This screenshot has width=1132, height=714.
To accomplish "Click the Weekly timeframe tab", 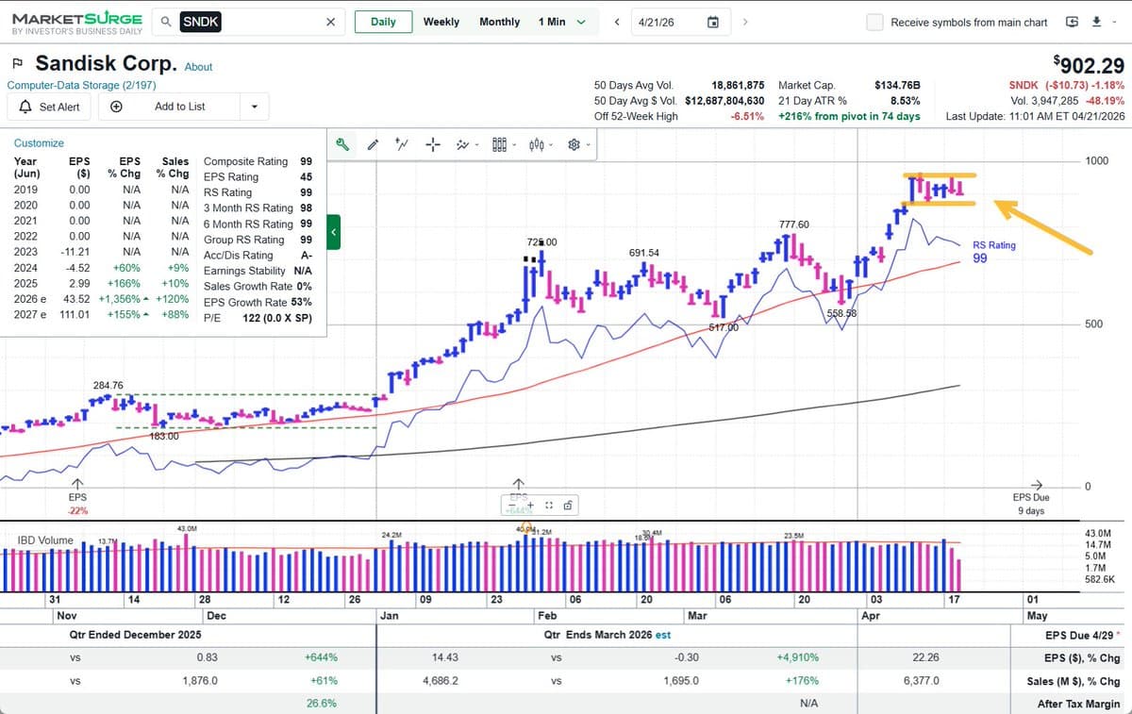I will click(441, 22).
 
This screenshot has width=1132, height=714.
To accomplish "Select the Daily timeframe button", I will click(383, 22).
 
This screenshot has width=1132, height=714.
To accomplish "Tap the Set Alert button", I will click(49, 107).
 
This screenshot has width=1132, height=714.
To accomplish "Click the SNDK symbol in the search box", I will click(200, 22).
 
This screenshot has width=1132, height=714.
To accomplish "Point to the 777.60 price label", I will click(793, 224).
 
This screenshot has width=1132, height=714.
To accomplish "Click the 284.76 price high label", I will click(108, 385).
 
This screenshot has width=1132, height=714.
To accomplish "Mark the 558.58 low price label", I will click(841, 312).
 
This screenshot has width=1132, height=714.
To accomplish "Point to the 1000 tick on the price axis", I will click(1095, 161).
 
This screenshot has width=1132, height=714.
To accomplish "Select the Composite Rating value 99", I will click(306, 161).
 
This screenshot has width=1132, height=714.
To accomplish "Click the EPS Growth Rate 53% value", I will click(301, 303).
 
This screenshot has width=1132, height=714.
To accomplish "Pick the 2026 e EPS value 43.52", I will click(75, 299).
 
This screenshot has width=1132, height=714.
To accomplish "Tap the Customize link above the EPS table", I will click(39, 143).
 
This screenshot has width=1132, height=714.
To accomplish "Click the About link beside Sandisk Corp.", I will click(198, 67).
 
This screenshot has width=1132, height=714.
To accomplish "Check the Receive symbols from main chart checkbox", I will click(874, 22).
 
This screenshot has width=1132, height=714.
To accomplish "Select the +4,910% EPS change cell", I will click(797, 657).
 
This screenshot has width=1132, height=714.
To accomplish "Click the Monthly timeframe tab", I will click(499, 22).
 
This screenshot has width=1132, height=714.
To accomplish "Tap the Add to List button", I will click(179, 107).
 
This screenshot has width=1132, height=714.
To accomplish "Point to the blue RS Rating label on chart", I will click(994, 245).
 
